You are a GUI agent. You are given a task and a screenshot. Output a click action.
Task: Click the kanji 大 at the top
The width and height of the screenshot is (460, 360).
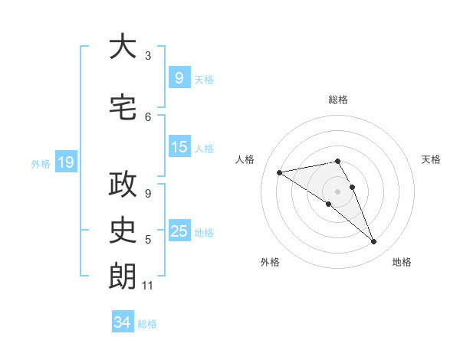123,47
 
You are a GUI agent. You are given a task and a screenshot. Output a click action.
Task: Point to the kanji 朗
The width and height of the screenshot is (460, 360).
123,277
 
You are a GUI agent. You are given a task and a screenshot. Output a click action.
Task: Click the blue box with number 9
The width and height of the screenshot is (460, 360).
179,77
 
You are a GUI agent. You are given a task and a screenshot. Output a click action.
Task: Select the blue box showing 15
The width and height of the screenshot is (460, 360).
179,147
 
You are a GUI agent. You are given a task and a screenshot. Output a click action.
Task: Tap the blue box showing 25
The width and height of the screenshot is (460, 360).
179,231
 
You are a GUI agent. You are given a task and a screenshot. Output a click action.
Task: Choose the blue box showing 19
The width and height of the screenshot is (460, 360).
65,162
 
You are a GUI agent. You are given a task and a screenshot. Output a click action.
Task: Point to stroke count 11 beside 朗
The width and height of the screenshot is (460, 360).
148,286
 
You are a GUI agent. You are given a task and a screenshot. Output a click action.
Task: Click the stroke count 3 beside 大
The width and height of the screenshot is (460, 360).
148,56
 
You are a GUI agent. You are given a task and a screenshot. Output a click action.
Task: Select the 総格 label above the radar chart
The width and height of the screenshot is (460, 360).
338,100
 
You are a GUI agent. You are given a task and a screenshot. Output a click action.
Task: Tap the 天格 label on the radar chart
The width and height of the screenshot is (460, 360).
432,159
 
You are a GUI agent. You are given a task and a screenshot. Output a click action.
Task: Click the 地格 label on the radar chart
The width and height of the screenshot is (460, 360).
402,262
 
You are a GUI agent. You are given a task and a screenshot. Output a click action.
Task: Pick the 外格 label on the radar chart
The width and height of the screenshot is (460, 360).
270,262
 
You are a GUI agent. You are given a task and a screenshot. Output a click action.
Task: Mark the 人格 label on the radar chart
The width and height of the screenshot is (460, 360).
245,159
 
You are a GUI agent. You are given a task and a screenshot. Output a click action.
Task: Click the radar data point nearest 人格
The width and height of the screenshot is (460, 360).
280,172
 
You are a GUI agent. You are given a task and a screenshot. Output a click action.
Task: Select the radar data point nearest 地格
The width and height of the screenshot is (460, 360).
374,242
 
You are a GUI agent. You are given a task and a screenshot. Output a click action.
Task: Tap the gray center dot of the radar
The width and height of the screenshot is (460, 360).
338,191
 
